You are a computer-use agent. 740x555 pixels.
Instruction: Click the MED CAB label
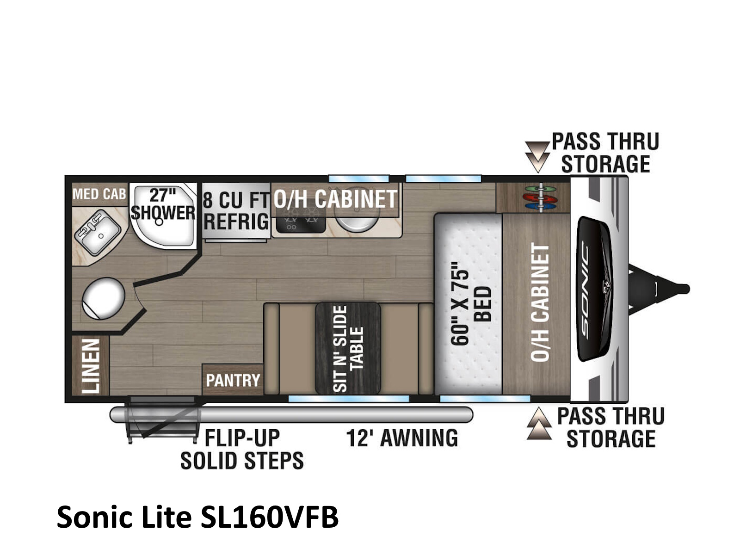point(99,194)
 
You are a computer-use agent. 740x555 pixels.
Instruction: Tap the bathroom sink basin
point(98,232)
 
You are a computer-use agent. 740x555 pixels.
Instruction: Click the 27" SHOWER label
point(163,204)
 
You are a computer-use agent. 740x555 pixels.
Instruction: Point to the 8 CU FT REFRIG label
point(236,210)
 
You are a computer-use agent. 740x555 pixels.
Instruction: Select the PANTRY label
point(233,381)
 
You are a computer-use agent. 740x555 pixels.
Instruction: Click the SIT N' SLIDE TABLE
point(348,348)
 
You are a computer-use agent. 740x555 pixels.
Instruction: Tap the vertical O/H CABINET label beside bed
point(540,302)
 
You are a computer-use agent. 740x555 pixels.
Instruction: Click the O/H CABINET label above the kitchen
point(335,199)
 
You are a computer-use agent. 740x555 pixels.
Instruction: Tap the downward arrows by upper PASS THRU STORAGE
point(537,157)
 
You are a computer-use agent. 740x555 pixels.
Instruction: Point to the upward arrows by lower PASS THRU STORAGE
point(539,424)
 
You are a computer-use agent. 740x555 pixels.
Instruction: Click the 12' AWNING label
point(402,438)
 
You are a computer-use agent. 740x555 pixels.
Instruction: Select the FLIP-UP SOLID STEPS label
point(242,449)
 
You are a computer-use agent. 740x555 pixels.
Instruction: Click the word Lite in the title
point(166,517)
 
